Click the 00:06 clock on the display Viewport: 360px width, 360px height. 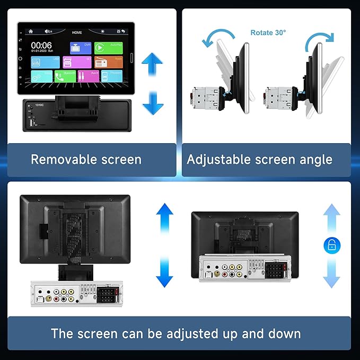coord(41,45)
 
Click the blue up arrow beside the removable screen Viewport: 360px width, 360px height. coord(152,67)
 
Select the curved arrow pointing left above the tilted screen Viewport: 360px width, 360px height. coord(217,39)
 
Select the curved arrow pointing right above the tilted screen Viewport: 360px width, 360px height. coord(322,38)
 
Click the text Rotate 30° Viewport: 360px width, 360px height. coord(268,33)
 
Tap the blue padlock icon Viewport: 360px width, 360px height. coord(331,245)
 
